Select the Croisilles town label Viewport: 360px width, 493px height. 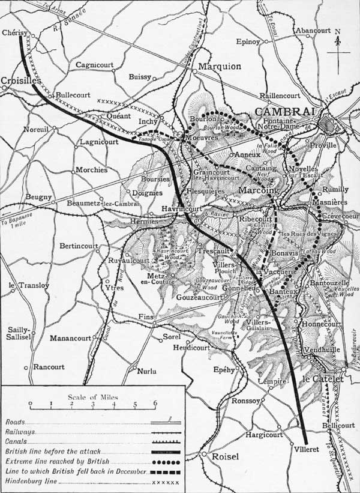pos(21,79)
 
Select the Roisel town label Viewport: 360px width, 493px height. pos(225,456)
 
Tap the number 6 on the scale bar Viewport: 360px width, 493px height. pos(155,404)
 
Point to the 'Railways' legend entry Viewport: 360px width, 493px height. pos(20,431)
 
